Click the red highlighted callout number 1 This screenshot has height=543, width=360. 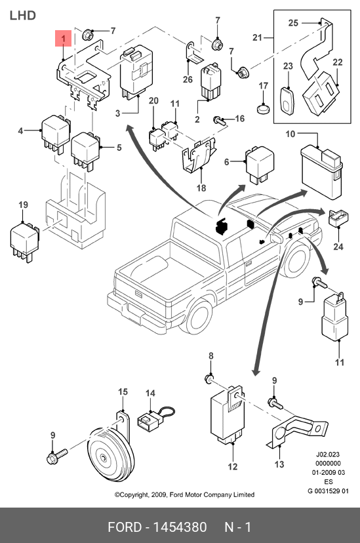[x=64, y=38]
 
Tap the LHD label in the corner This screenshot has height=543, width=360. [x=22, y=16]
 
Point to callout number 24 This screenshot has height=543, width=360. [x=338, y=247]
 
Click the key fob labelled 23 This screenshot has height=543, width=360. [x=287, y=100]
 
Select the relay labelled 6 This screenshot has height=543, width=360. [x=259, y=165]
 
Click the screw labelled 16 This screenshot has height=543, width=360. [x=220, y=121]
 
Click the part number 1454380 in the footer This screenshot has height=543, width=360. [x=180, y=527]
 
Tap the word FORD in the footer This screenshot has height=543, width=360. [x=125, y=527]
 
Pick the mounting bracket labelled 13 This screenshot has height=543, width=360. [x=298, y=430]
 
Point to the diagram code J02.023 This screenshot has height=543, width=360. [x=328, y=454]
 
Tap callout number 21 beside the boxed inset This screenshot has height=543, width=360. [x=257, y=37]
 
